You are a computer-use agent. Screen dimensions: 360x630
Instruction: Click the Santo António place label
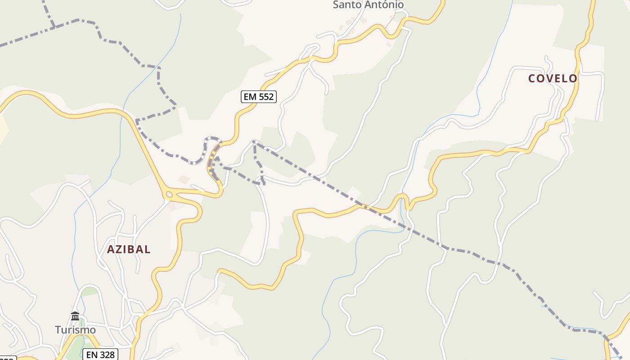(x=368, y=4)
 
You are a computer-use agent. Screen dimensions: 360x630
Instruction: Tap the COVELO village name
(x=553, y=78)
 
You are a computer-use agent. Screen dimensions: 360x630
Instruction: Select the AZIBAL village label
(x=129, y=249)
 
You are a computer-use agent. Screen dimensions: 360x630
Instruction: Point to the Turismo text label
(x=75, y=330)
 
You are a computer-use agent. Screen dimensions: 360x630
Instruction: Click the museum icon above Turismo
(x=75, y=316)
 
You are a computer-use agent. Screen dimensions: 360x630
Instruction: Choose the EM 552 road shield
(x=258, y=96)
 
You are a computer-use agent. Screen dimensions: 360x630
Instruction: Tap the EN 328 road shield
(x=101, y=355)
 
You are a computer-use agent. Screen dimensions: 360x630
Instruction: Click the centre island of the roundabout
(x=169, y=194)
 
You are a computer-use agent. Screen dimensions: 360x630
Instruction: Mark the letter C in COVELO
(x=532, y=78)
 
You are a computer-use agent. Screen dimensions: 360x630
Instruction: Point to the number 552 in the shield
(x=266, y=96)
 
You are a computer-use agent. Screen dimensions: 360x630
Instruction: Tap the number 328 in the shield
(x=107, y=355)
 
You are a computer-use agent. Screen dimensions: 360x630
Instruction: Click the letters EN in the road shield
(x=92, y=355)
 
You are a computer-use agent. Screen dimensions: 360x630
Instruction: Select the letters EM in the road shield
(x=250, y=96)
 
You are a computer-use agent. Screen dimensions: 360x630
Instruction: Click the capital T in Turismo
(x=58, y=330)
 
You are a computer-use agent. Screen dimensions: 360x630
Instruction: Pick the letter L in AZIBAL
(x=147, y=249)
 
